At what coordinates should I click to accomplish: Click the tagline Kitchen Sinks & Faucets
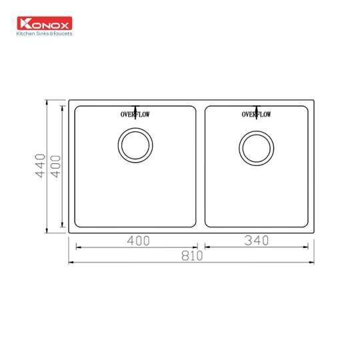pos(43,33)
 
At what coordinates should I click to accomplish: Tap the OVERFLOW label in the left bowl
pos(135,115)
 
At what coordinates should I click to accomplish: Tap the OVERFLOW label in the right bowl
pos(256,115)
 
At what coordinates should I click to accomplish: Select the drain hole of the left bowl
pos(136,145)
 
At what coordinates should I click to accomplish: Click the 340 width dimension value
pos(256,241)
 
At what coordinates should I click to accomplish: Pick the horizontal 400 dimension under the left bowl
pos(138,241)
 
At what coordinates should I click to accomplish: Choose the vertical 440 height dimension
pos(40,166)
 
